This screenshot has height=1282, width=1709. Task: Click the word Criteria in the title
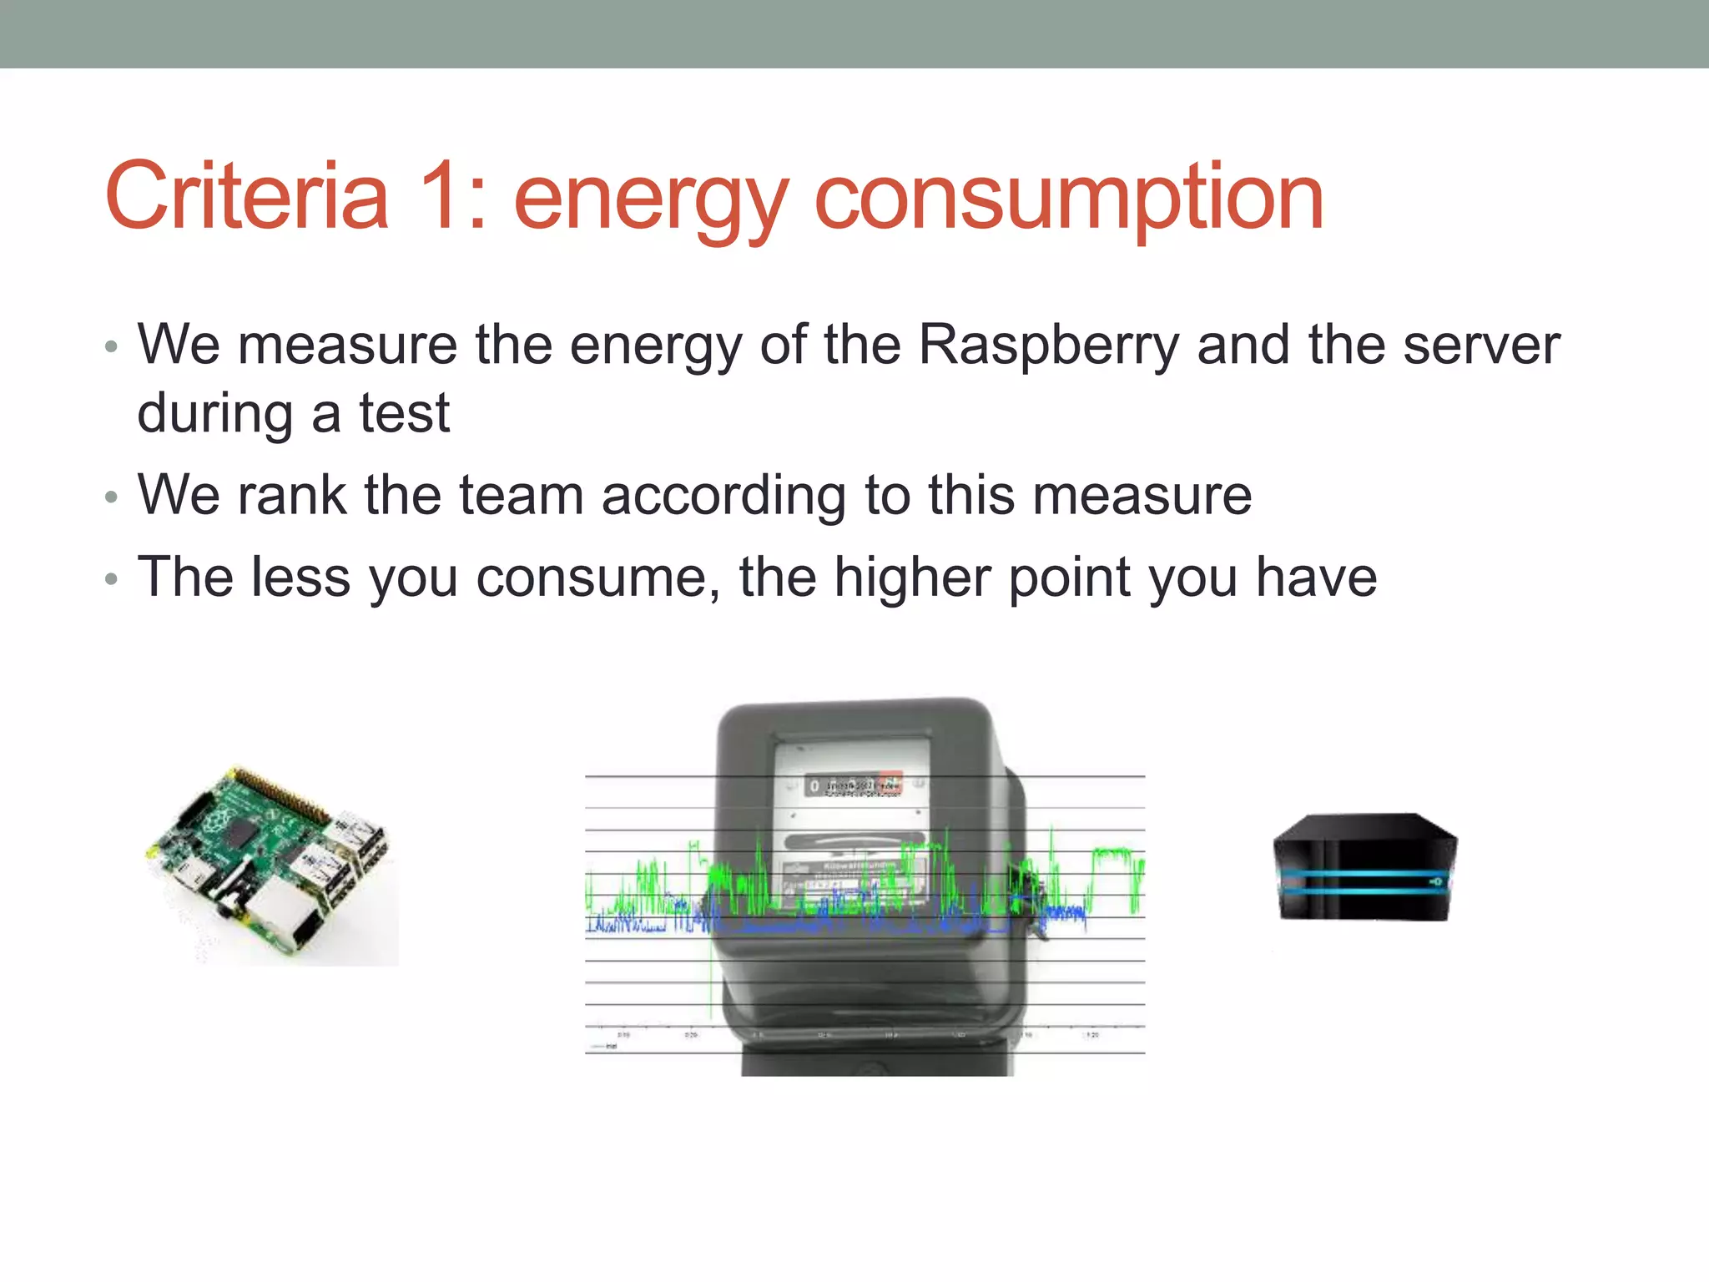(247, 197)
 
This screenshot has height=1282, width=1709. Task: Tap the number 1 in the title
(441, 197)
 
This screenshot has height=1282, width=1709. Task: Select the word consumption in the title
(1068, 200)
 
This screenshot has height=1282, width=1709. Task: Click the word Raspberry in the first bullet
(1049, 346)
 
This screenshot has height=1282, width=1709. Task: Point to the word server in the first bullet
(1480, 345)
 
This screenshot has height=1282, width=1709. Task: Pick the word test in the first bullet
(405, 413)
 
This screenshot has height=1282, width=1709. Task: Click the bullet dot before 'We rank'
(112, 498)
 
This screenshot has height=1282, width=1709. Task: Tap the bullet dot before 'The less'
(112, 579)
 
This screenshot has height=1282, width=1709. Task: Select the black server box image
(1365, 868)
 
